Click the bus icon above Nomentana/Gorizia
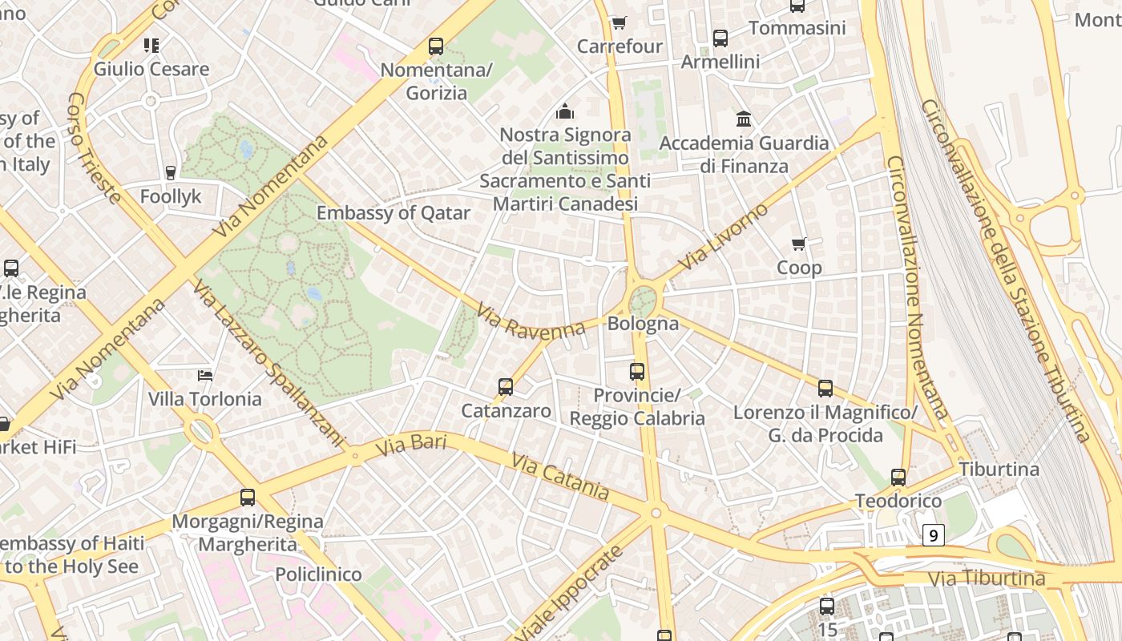tap(436, 46)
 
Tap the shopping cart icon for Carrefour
tap(619, 22)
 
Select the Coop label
tap(799, 268)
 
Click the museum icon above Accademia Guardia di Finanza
tap(744, 119)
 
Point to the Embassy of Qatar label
tap(394, 213)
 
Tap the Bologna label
tap(643, 324)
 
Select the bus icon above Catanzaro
tap(506, 387)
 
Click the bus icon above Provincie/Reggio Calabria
tap(637, 371)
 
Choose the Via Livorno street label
tap(723, 237)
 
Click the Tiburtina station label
tap(999, 469)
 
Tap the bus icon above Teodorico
tap(898, 478)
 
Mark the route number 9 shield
tap(933, 535)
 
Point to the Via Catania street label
tap(560, 478)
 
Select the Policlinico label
tap(318, 574)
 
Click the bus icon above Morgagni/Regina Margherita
tap(248, 498)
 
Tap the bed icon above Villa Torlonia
tap(205, 375)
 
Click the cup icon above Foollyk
tap(170, 172)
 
